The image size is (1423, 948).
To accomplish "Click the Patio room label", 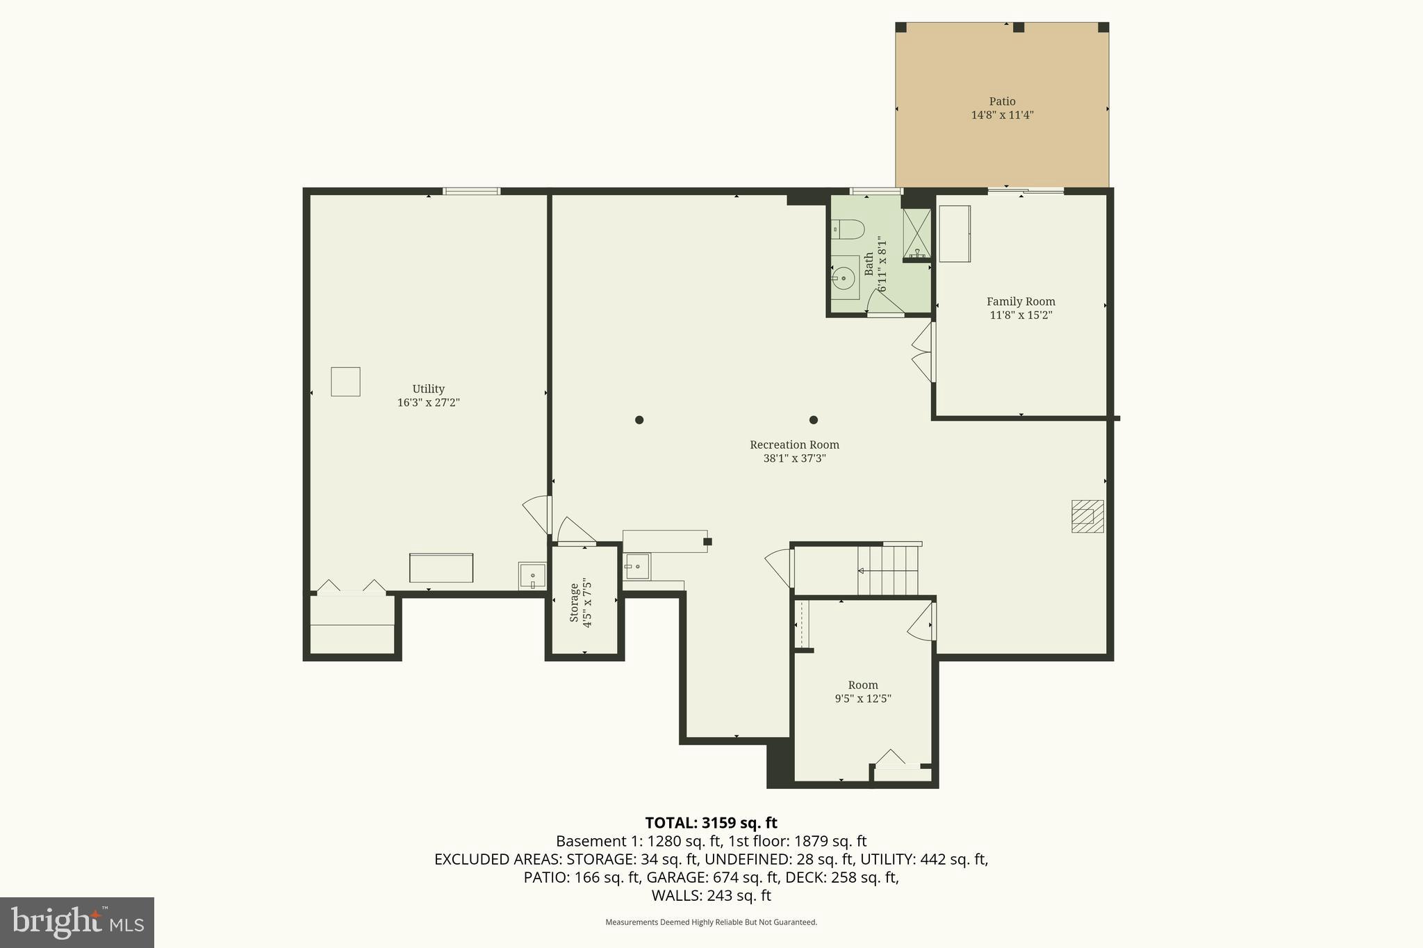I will (x=1002, y=101).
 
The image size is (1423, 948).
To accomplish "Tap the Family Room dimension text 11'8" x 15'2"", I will (x=1020, y=315).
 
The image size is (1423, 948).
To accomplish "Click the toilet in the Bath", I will (x=848, y=229).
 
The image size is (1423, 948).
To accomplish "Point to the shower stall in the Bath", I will (x=916, y=233).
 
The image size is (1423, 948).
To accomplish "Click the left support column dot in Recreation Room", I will (x=639, y=419).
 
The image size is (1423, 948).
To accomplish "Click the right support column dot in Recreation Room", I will (x=814, y=419).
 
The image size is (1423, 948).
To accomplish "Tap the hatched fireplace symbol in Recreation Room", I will (x=1087, y=516).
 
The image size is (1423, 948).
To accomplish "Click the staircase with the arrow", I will (x=887, y=571).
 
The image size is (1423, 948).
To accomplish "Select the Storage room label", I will (x=574, y=602).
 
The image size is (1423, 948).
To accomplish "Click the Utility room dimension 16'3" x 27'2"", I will (x=428, y=403).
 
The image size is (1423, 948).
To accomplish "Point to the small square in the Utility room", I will (x=345, y=381).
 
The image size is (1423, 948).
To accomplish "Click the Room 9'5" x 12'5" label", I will (x=862, y=692).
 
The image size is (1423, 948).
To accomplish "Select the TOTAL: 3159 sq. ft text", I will (x=711, y=823).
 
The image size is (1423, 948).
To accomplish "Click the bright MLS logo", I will (x=77, y=922).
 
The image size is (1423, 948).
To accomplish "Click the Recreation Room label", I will (x=794, y=445).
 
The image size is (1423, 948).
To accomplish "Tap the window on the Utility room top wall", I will (x=472, y=191).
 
